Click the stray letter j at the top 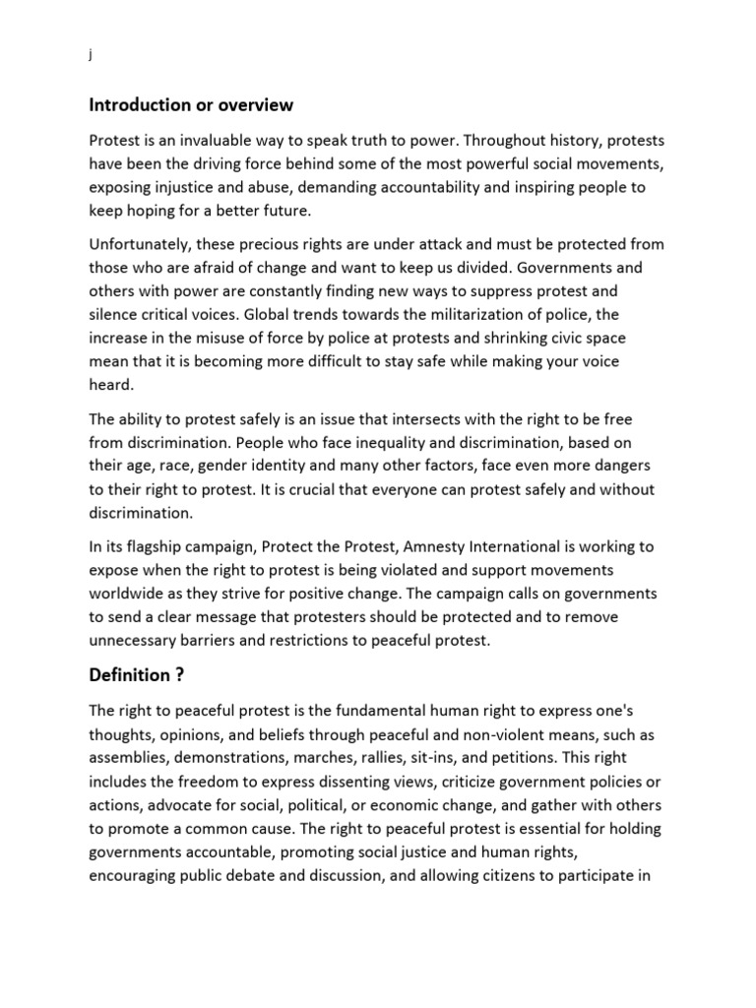[x=90, y=55]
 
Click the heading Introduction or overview [x=191, y=104]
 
